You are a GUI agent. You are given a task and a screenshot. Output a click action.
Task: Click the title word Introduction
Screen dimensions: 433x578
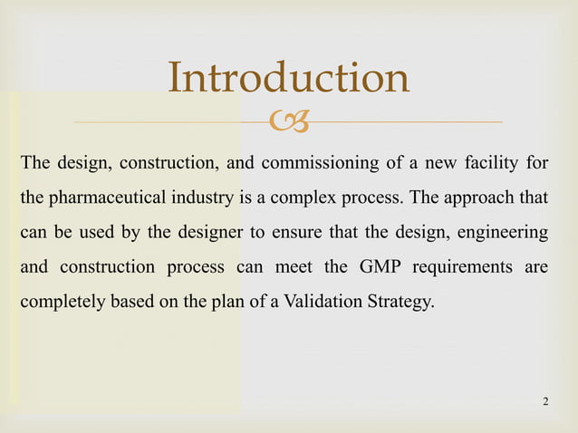coord(289,79)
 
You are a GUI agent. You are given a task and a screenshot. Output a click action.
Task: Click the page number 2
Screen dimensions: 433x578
coord(544,400)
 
